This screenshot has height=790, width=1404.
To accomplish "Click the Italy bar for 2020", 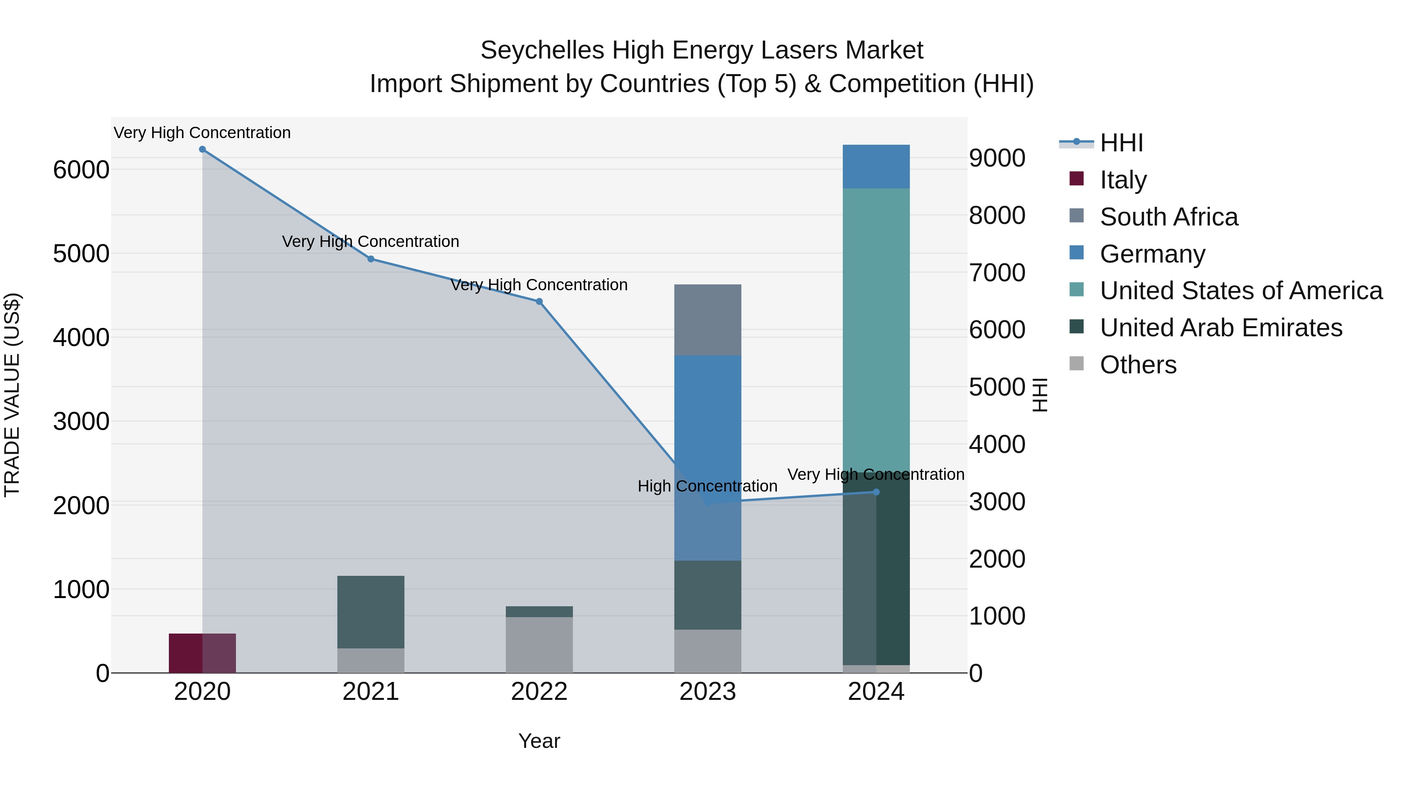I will coord(202,653).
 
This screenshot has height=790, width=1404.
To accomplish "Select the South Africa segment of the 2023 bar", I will coord(707,320).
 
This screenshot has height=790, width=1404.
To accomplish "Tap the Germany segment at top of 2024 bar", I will coord(876,166).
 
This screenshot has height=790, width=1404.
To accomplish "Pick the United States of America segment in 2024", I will coord(876,327).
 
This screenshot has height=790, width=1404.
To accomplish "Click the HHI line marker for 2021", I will coord(370,259).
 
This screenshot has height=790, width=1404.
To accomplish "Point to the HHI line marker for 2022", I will coord(539,302).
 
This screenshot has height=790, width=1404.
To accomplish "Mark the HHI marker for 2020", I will coord(202,149).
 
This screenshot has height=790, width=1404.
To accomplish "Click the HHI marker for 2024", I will coord(876,492).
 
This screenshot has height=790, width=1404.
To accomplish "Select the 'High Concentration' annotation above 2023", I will coord(707,486).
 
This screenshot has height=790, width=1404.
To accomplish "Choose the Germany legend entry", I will coord(1152,254).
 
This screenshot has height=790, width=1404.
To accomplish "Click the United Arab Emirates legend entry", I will coord(1220,328).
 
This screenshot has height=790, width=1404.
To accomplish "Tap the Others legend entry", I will coord(1138,365).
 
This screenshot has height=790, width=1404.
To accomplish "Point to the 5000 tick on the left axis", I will coord(81,254).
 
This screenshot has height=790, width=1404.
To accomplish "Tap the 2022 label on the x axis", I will coord(539,692).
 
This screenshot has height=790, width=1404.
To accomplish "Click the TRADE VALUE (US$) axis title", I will coord(12,395).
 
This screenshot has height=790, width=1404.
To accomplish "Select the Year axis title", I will coord(539,741).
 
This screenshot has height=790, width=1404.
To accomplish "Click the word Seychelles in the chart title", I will coord(542,50).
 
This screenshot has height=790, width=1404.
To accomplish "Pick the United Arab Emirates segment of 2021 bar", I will coord(370,612).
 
